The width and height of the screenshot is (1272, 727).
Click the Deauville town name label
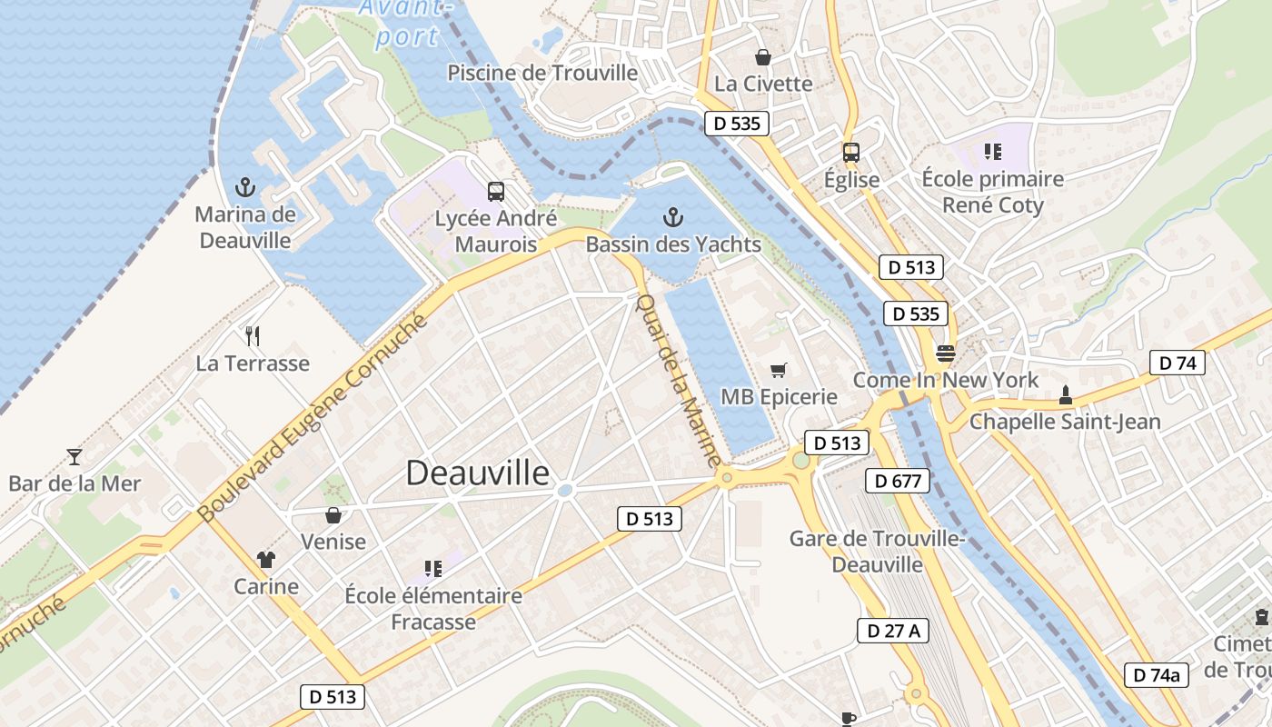tap(477, 473)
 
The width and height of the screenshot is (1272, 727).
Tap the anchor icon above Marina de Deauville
tap(243, 188)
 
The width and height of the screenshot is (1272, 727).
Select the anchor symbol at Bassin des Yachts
tap(672, 217)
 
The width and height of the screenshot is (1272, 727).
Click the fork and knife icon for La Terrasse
tap(253, 336)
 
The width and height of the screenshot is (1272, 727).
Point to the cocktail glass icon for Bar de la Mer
tap(75, 456)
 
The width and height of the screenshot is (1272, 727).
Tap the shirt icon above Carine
tap(265, 559)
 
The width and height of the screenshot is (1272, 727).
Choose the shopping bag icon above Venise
tap(333, 515)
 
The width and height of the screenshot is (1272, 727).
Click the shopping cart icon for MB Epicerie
tap(778, 370)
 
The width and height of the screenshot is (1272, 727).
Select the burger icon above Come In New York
tap(945, 353)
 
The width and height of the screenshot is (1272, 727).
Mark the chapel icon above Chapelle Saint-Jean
tap(1065, 394)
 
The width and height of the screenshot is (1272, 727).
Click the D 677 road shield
tap(897, 481)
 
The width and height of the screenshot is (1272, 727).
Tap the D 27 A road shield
tap(893, 631)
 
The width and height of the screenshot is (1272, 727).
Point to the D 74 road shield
tap(1177, 363)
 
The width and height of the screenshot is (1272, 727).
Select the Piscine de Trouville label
tap(542, 73)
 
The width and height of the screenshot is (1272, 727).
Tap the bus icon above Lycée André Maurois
tap(495, 192)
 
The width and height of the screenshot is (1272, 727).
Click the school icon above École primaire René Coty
tap(991, 152)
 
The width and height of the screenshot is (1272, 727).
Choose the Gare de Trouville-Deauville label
tap(877, 551)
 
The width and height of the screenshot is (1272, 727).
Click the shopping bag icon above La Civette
tap(762, 57)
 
